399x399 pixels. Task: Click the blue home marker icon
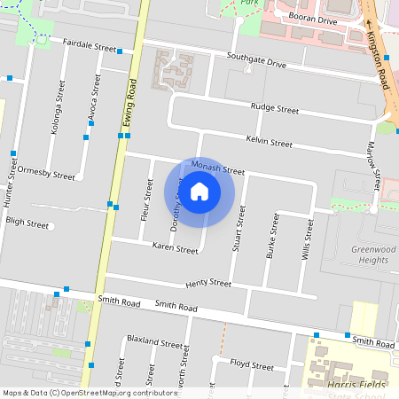tap(199, 191)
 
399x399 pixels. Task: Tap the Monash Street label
tap(216, 169)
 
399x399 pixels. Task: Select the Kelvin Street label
tap(269, 142)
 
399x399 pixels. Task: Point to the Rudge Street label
tap(275, 108)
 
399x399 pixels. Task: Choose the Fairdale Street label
tap(90, 45)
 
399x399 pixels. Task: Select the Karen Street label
tap(175, 249)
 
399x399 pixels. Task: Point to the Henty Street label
tap(208, 284)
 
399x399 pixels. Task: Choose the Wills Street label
tap(309, 238)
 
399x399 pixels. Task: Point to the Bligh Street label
tap(27, 224)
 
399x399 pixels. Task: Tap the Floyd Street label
tap(252, 364)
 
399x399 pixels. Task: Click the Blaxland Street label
tap(154, 341)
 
